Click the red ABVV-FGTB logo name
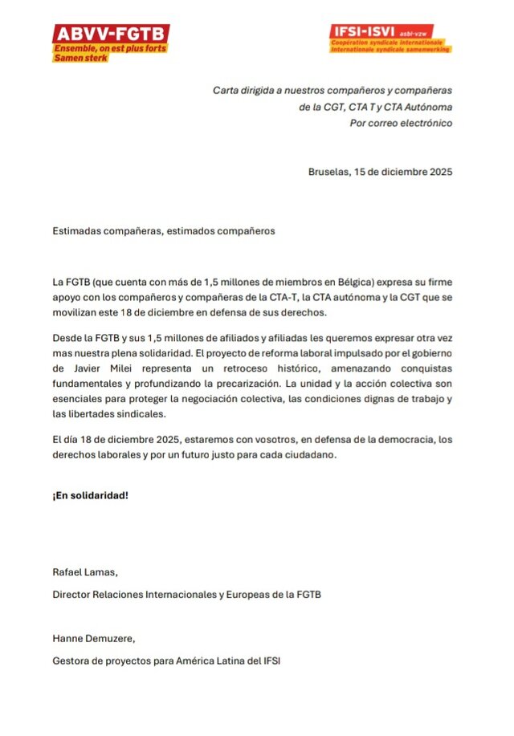click(111, 34)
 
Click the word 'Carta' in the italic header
click(226, 90)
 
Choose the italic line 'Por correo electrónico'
click(401, 123)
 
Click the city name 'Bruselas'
click(328, 172)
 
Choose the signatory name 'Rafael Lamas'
click(84, 572)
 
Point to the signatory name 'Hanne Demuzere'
click(93, 639)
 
